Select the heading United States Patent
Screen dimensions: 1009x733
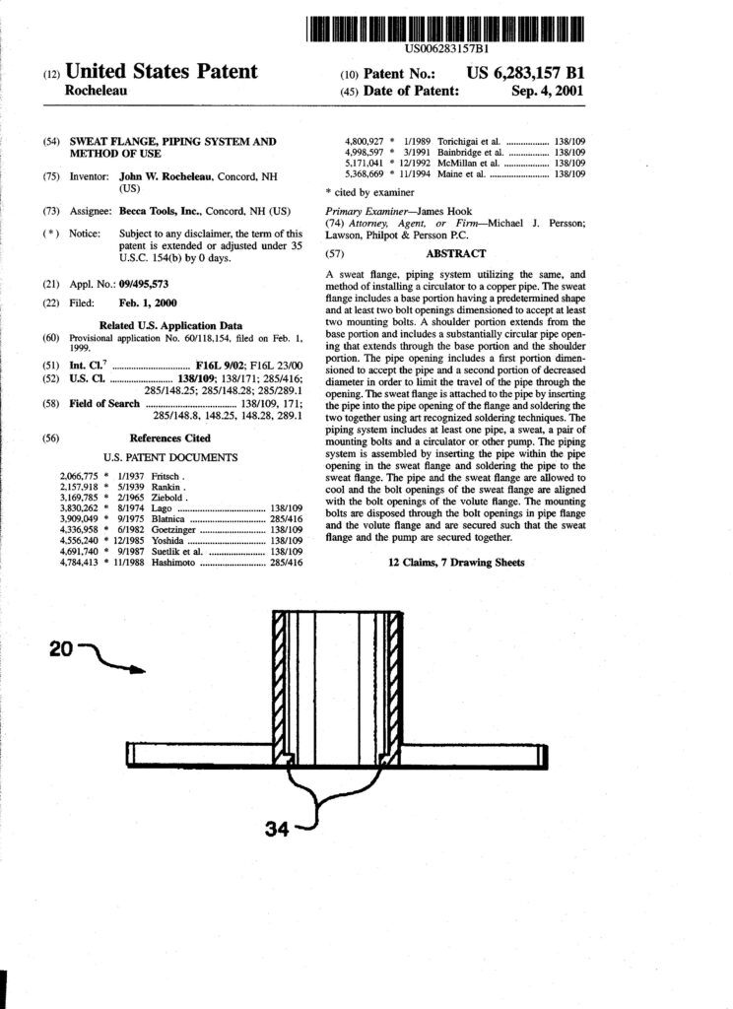point(161,72)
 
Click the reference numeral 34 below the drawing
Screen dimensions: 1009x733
point(280,830)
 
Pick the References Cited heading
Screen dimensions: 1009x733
point(169,437)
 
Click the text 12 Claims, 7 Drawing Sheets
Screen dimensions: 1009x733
point(455,563)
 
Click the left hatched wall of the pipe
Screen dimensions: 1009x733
point(279,680)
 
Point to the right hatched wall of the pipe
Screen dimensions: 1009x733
point(396,680)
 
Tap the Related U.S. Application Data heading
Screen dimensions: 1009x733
point(170,324)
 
